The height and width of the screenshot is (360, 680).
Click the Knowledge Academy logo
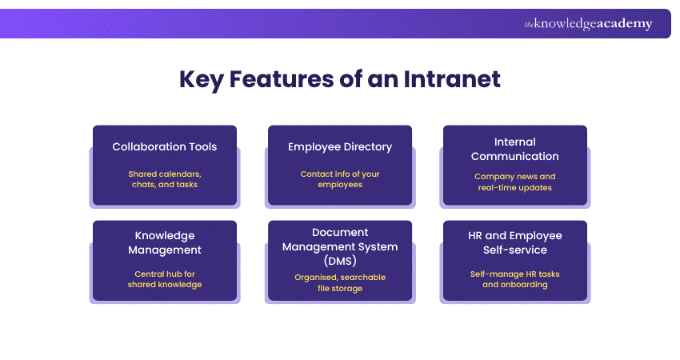click(588, 24)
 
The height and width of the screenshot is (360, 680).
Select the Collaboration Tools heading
click(165, 146)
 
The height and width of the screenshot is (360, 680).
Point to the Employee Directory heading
click(340, 146)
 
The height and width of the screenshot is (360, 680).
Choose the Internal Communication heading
click(515, 149)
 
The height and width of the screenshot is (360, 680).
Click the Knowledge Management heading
click(165, 243)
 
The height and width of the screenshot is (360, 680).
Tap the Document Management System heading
click(340, 246)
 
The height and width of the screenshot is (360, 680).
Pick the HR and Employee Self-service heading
click(515, 242)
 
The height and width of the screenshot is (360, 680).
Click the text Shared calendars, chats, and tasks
click(165, 179)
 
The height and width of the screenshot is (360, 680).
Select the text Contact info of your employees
click(340, 179)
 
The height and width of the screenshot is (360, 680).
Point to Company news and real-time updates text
click(515, 182)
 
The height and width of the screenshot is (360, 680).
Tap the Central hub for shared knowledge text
click(165, 279)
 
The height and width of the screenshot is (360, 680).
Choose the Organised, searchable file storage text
click(340, 282)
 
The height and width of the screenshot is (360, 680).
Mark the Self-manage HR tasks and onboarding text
click(515, 279)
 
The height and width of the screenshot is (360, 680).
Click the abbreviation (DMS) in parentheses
click(340, 261)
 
